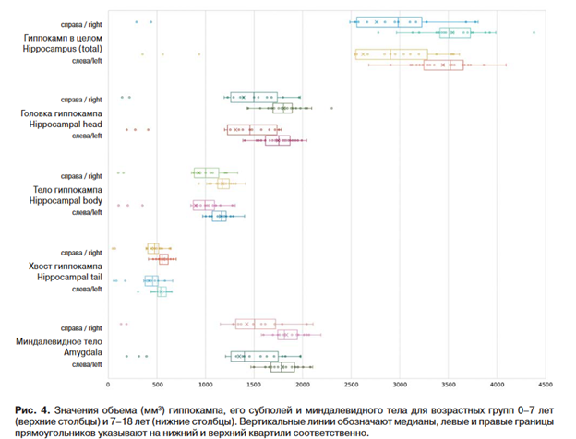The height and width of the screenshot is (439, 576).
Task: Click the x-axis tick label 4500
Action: coord(545,385)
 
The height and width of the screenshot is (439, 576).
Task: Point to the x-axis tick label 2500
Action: coord(351,385)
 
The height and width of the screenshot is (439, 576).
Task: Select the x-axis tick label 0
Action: coord(109,385)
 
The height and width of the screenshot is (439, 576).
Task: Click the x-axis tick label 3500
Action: coord(448,385)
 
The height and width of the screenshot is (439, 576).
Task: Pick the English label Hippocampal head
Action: coord(61,123)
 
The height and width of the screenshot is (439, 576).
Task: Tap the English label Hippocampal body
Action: coord(61,199)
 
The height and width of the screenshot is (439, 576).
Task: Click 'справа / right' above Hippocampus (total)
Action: coord(81,20)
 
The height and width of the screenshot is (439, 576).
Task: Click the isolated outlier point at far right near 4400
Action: coord(534,32)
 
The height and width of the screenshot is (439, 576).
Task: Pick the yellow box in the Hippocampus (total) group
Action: coord(391,54)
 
